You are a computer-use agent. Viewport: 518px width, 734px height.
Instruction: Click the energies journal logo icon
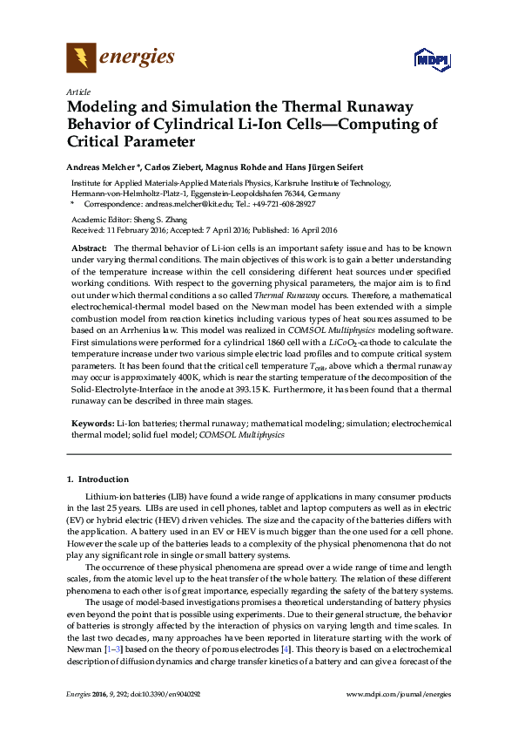coord(81,59)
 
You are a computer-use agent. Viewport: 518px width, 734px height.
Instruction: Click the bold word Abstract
coord(88,248)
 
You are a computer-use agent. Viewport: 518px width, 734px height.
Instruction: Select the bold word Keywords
coord(91,423)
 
